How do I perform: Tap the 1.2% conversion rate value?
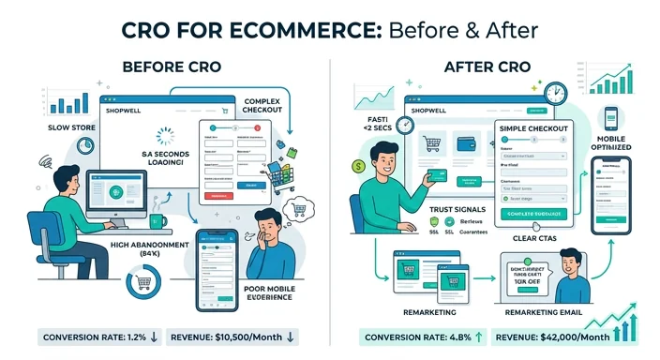135,337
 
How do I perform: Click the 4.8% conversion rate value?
461,337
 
